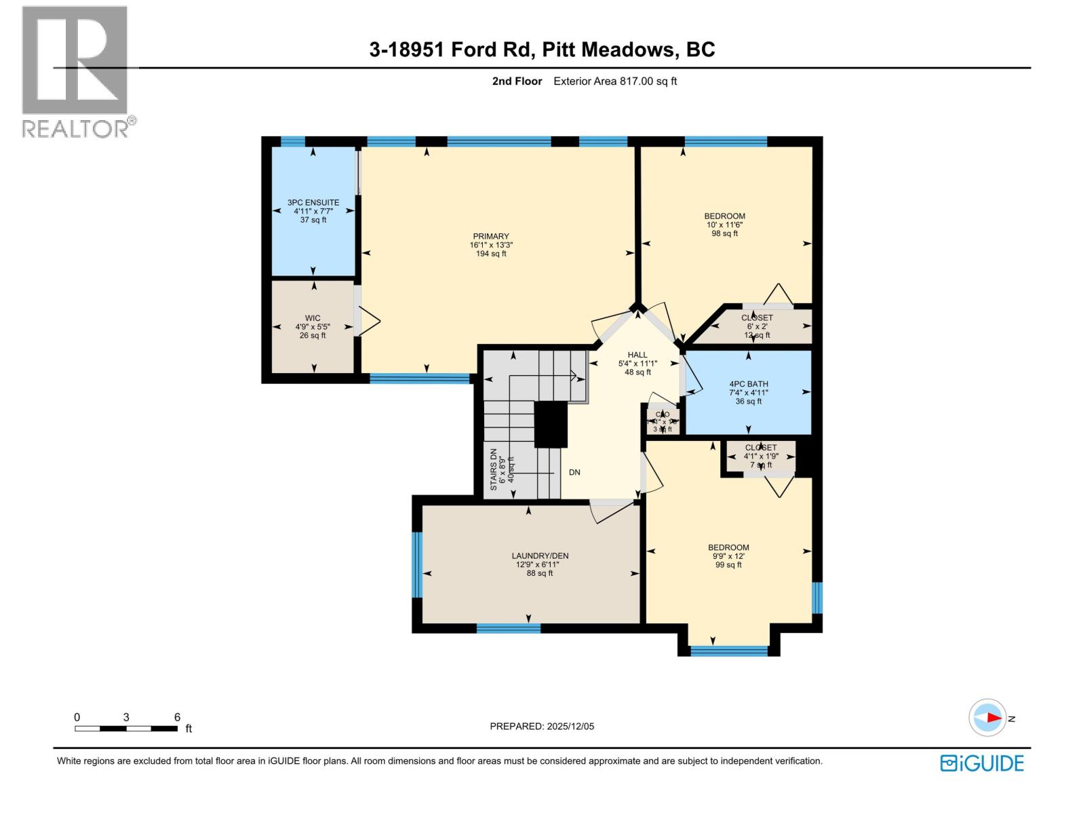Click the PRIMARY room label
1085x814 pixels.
click(490, 237)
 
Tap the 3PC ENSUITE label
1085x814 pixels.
click(313, 202)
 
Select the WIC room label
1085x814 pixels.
click(313, 318)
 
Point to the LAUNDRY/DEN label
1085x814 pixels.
click(540, 556)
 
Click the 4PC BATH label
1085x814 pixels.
click(749, 384)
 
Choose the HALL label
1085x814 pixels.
click(637, 355)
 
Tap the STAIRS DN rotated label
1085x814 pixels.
click(494, 469)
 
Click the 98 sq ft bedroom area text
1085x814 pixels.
click(724, 233)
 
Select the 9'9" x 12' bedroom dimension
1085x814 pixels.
click(728, 556)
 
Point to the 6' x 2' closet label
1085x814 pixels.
click(757, 326)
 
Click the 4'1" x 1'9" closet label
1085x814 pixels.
click(760, 457)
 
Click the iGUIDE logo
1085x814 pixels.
click(982, 763)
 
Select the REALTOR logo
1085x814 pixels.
click(76, 71)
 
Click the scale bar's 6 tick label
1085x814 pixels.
click(177, 717)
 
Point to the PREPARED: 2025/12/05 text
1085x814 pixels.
click(542, 726)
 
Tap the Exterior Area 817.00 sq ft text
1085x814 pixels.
click(615, 81)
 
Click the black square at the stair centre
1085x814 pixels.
click(550, 425)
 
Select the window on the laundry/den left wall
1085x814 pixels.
click(417, 565)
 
